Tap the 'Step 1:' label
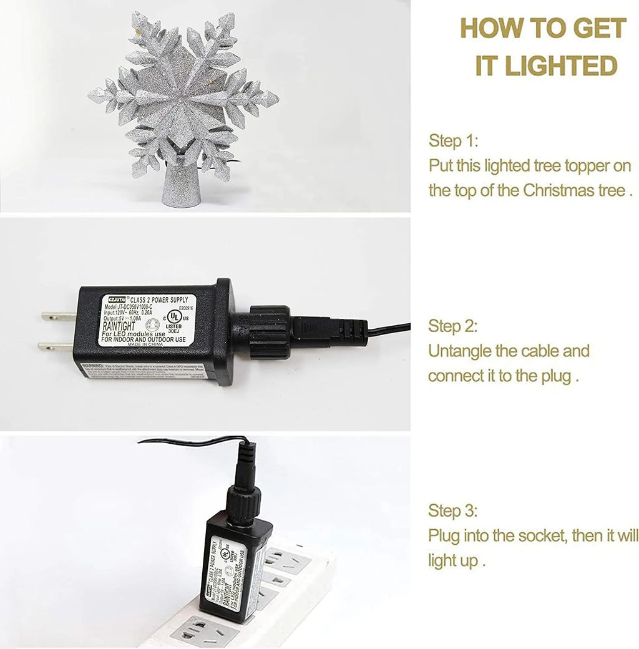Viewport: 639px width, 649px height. click(x=453, y=141)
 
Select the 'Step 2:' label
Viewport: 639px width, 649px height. click(x=453, y=326)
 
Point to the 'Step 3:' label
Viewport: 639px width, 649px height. click(x=453, y=511)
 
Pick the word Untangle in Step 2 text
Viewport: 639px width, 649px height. click(x=459, y=351)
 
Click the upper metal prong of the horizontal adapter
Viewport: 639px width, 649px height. click(x=57, y=316)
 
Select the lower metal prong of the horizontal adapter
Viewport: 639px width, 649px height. click(x=56, y=346)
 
